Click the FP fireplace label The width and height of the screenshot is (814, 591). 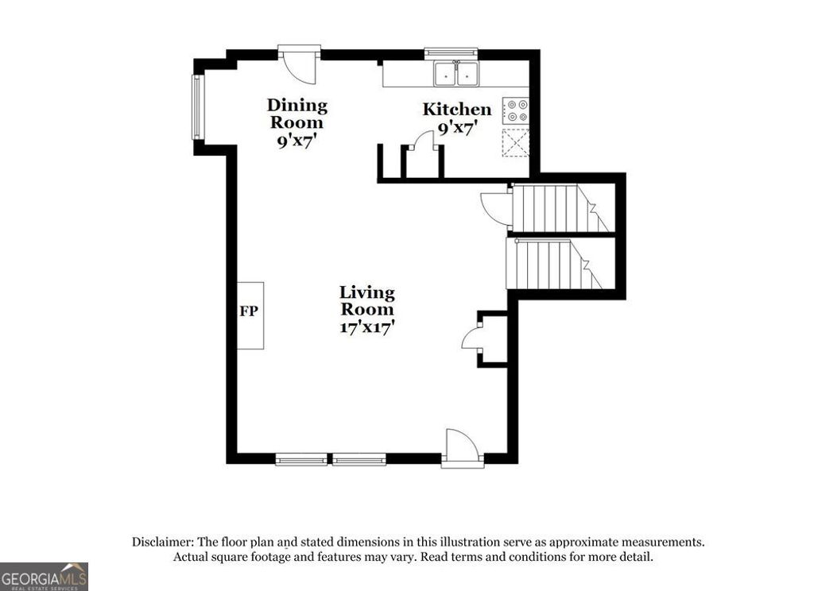[x=249, y=311]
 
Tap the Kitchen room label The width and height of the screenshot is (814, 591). [x=456, y=110]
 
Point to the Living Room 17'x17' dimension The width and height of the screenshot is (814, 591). [x=367, y=326]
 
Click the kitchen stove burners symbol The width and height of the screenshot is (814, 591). [x=517, y=110]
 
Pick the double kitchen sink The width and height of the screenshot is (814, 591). [x=457, y=74]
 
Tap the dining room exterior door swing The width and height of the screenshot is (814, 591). [x=300, y=66]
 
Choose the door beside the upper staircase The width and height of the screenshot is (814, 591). [x=495, y=209]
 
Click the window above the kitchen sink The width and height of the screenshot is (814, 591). [x=451, y=53]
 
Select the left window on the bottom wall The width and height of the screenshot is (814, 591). [x=301, y=459]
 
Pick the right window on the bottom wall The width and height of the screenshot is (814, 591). [x=359, y=459]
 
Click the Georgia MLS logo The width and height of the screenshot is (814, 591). [x=44, y=577]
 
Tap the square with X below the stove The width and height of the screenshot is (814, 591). [x=515, y=141]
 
